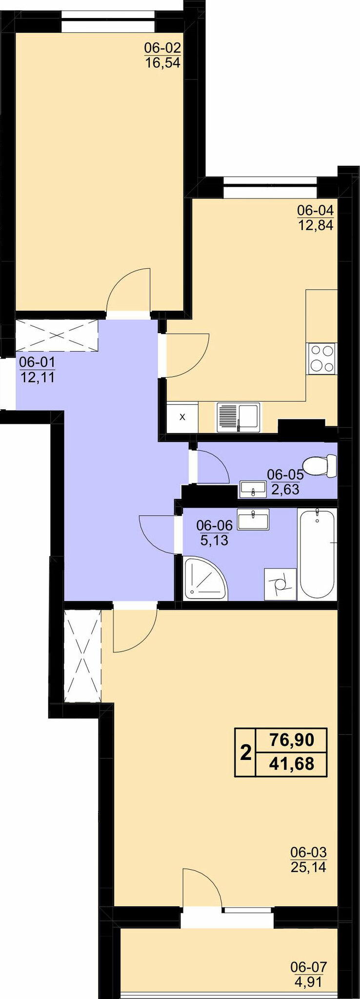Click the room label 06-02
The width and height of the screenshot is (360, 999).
click(x=162, y=48)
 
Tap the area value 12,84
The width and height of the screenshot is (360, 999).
click(x=316, y=225)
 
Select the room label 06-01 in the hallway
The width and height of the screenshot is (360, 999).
click(x=37, y=362)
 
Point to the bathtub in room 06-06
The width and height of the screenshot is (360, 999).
click(x=318, y=553)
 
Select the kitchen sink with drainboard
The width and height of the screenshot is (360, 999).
click(x=239, y=417)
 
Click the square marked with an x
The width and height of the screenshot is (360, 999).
click(x=182, y=417)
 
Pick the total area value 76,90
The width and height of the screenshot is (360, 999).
click(x=292, y=740)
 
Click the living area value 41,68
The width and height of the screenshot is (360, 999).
click(x=292, y=763)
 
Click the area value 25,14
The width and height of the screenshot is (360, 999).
click(x=308, y=867)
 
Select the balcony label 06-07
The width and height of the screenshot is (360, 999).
click(x=308, y=967)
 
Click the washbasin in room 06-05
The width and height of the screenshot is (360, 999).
click(x=253, y=489)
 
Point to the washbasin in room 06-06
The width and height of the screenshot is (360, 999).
click(x=253, y=519)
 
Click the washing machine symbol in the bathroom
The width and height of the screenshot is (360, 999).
click(x=280, y=584)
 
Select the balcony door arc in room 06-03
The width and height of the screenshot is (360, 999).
click(x=202, y=887)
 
